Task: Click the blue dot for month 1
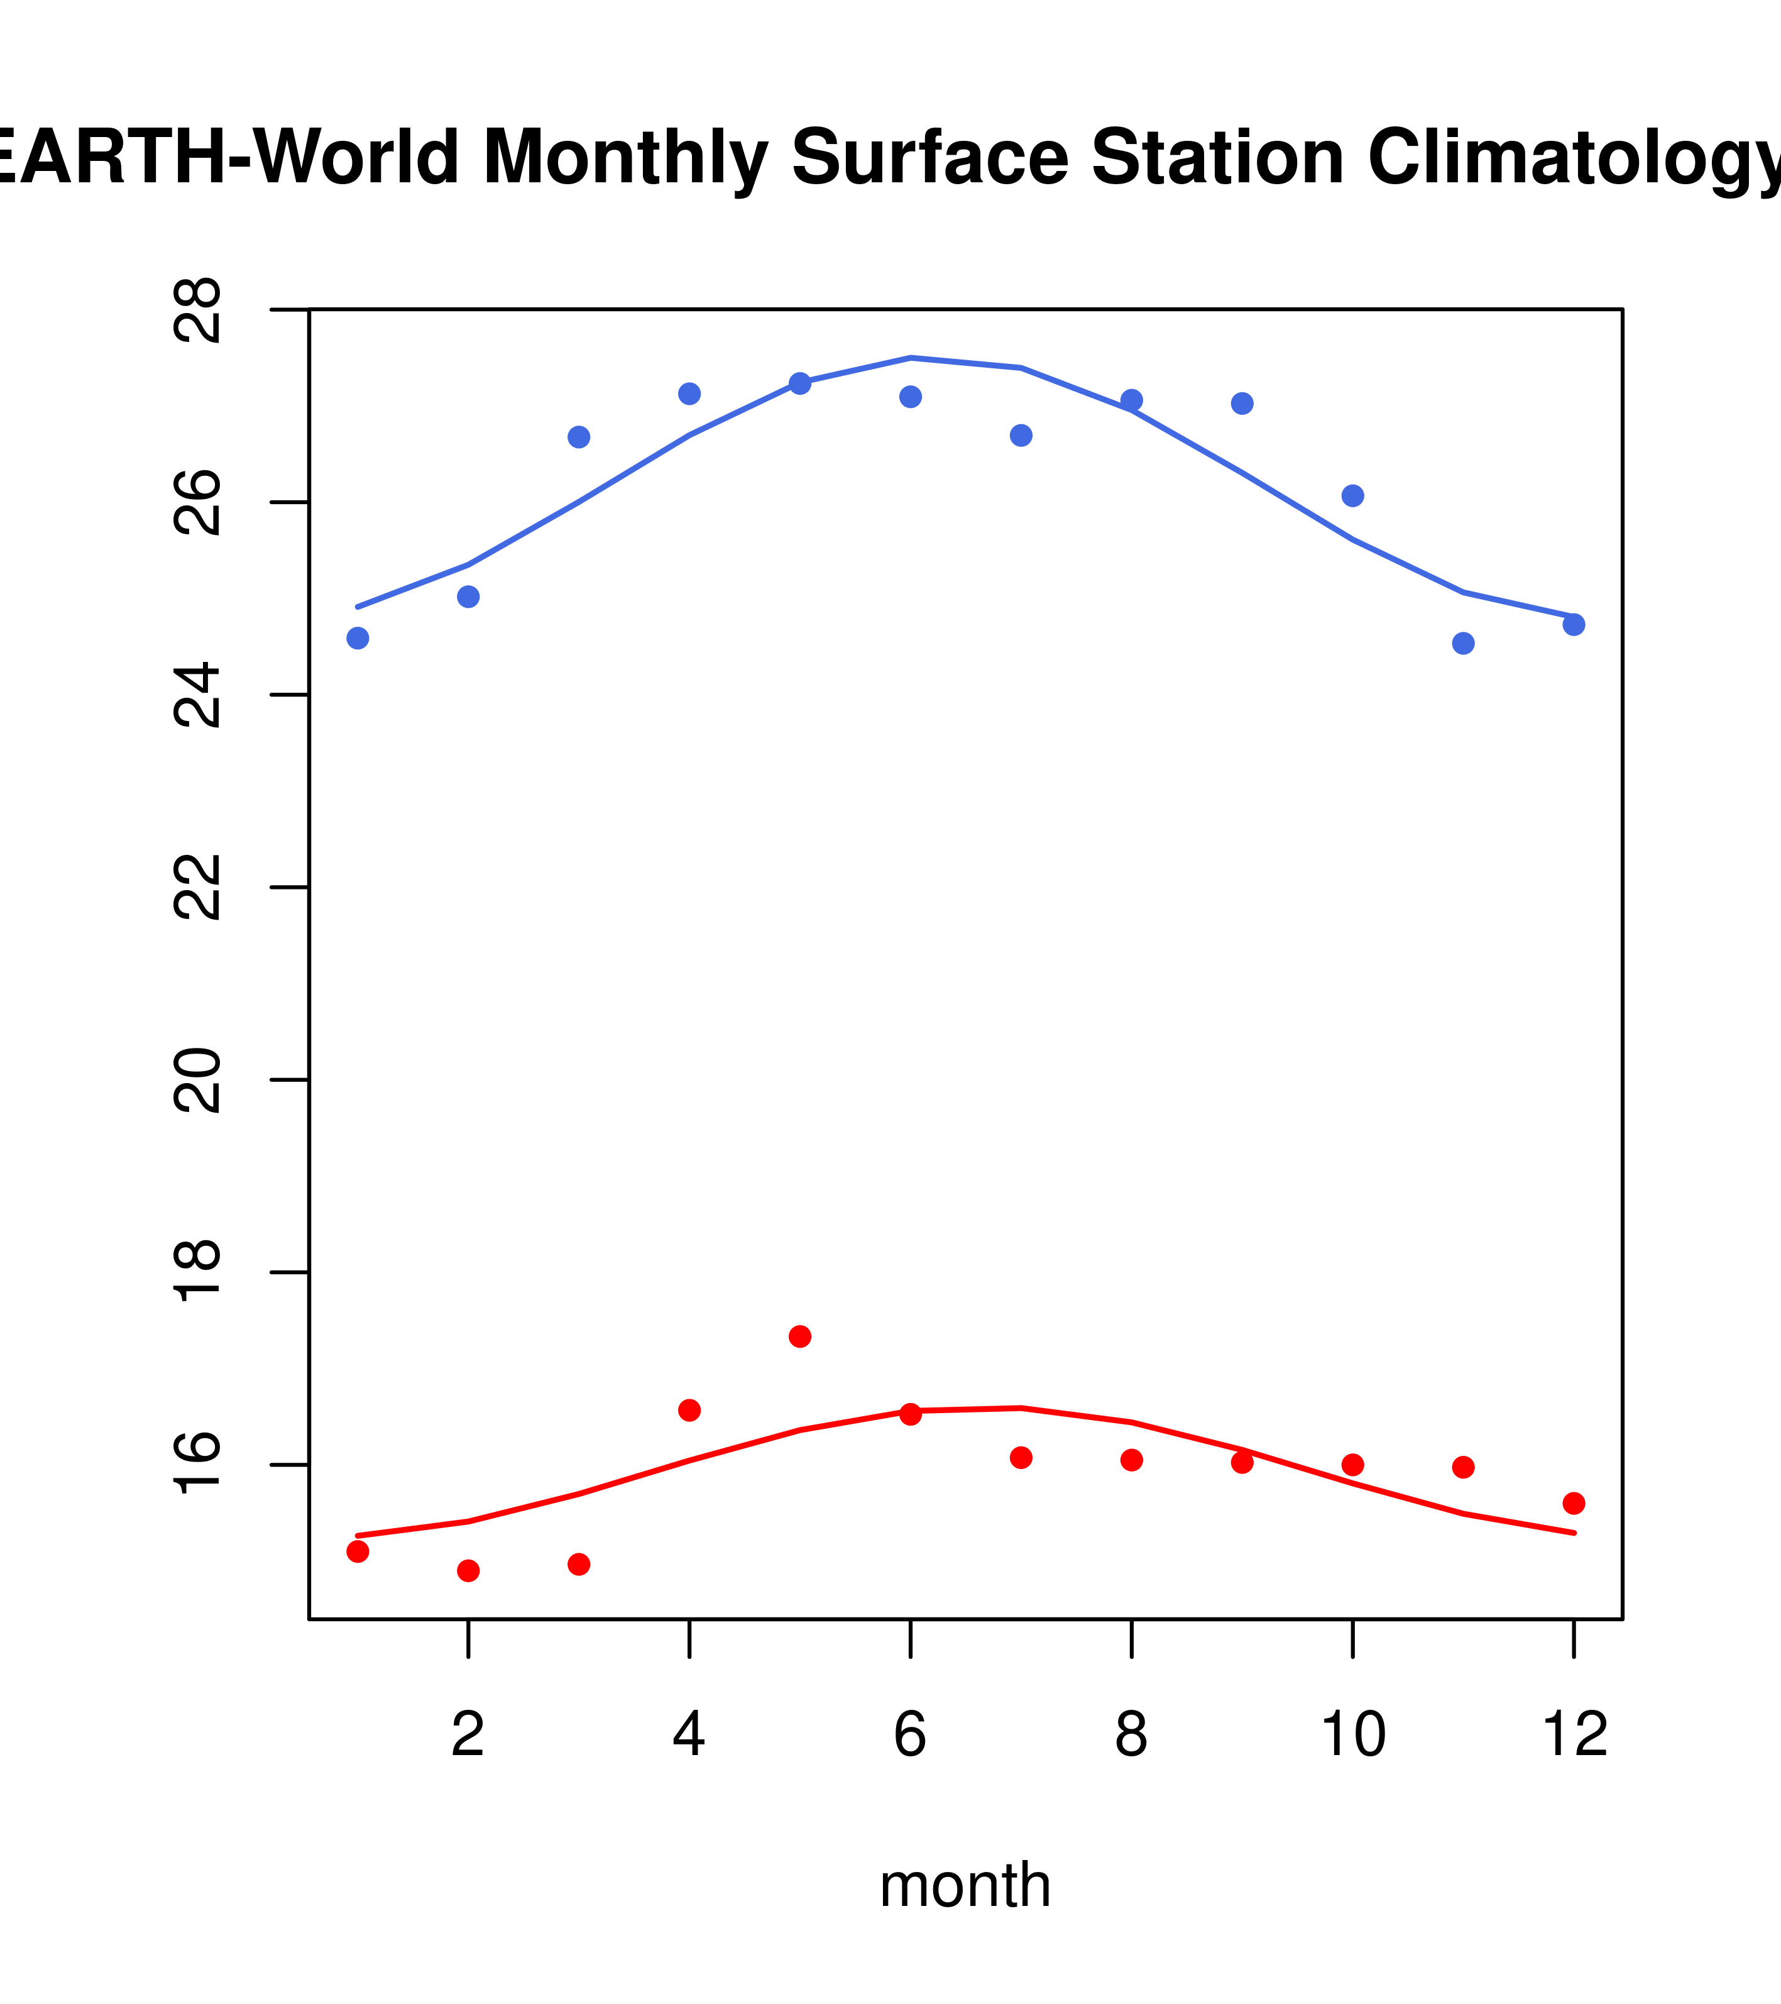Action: pos(358,638)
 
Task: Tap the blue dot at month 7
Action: pos(1021,436)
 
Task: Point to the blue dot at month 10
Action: pos(1352,496)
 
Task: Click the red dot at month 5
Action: pos(800,1336)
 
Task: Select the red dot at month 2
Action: pos(469,1571)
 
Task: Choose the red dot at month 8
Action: pos(1132,1460)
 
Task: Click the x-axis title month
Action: pos(965,1885)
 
